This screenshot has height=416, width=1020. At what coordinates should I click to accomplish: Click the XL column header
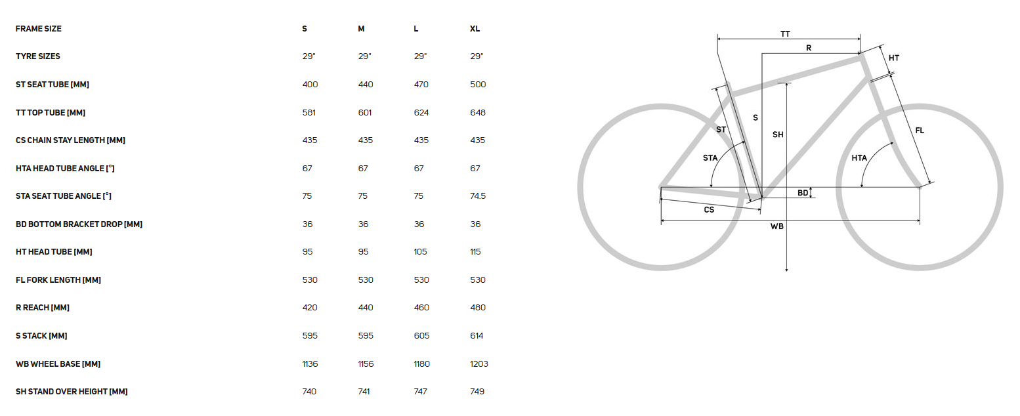click(x=475, y=29)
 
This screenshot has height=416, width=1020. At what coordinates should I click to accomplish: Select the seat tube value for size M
click(x=365, y=85)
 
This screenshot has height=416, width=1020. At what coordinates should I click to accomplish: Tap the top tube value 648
click(x=478, y=112)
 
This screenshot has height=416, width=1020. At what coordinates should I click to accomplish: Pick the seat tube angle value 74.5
click(x=478, y=196)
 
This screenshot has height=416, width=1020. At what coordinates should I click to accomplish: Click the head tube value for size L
click(x=420, y=252)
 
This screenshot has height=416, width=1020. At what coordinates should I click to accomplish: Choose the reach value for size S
click(x=310, y=308)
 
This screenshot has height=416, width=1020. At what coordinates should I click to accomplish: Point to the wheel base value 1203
click(x=479, y=364)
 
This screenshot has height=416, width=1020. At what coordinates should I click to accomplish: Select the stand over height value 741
click(x=364, y=392)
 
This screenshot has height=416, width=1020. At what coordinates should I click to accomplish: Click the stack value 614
click(x=477, y=336)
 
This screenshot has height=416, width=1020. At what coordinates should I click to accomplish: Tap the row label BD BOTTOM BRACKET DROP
click(x=79, y=224)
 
